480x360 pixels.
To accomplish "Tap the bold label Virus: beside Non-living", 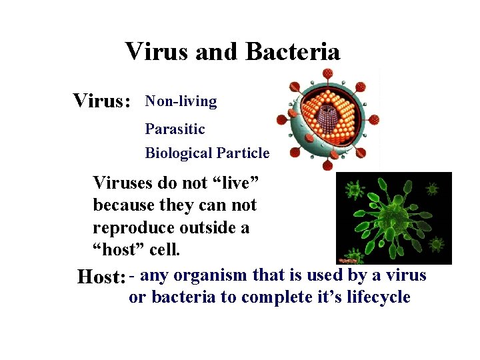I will click(101, 101).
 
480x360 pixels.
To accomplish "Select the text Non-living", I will click(181, 101).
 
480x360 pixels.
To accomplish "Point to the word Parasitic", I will click(175, 128).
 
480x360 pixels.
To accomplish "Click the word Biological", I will click(177, 153).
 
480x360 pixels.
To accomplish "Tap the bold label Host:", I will click(101, 276).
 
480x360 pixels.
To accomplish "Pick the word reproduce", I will click(133, 228).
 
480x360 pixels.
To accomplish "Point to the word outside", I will click(204, 228).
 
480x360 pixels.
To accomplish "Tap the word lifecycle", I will click(378, 297).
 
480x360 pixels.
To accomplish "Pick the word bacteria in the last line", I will click(183, 297).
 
